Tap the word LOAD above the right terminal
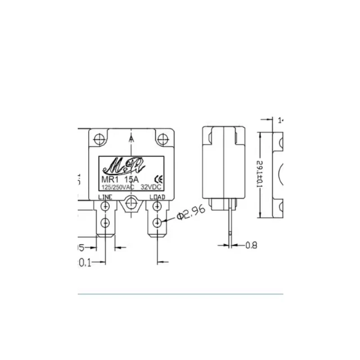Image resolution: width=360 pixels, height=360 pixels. pyautogui.click(x=157, y=197)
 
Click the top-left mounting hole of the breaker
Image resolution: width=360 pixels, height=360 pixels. pyautogui.click(x=100, y=137)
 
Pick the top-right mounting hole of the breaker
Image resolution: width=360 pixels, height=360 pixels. pyautogui.click(x=162, y=137)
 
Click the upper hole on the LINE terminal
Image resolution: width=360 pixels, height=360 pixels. pyautogui.click(x=105, y=207)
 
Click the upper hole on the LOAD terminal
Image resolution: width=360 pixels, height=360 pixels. pyautogui.click(x=157, y=207)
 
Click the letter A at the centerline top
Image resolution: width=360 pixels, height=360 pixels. pyautogui.click(x=131, y=139)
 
